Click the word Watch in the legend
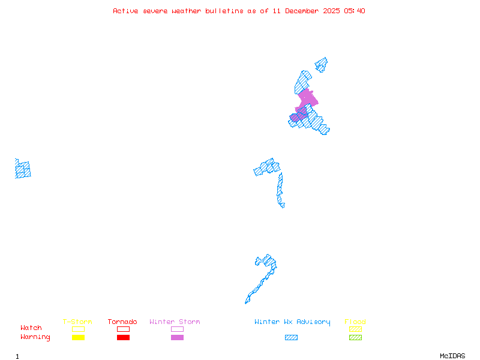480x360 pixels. click(31, 328)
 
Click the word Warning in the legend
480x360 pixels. click(35, 337)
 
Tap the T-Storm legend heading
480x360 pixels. click(77, 322)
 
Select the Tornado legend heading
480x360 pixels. click(122, 322)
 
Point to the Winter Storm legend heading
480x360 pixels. click(175, 322)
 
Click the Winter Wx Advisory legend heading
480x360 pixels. click(292, 322)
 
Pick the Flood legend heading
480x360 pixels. click(355, 322)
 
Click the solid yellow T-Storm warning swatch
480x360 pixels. click(78, 337)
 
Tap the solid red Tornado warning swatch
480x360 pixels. click(123, 337)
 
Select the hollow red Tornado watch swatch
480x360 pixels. click(123, 329)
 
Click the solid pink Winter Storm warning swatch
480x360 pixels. click(177, 337)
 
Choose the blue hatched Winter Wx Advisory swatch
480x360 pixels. click(291, 337)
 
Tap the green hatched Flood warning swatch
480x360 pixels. click(355, 337)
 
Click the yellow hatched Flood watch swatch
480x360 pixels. click(355, 329)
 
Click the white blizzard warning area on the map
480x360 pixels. click(286, 205)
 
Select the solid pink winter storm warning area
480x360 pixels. click(307, 99)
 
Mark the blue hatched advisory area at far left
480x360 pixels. click(23, 169)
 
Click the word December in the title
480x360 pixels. click(304, 11)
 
